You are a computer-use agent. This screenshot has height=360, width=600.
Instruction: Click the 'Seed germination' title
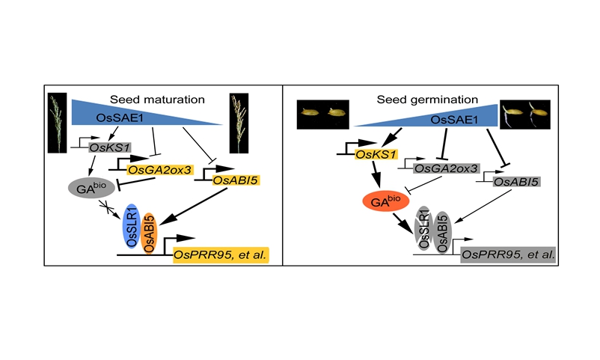(414, 99)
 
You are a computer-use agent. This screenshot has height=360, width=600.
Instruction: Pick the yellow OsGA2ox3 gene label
(160, 171)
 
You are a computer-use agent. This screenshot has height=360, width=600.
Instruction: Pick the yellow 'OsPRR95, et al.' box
(221, 255)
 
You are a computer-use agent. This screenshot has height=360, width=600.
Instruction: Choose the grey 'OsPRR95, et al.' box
(508, 255)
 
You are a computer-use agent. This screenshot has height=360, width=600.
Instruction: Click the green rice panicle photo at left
(57, 123)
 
